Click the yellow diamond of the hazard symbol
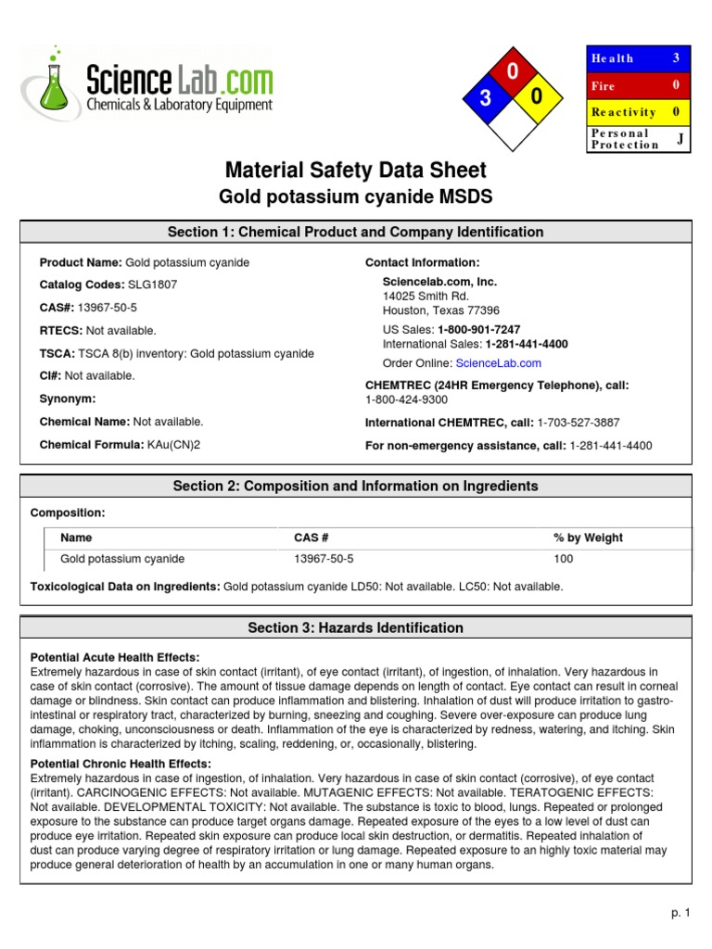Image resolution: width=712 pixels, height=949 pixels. coord(537,98)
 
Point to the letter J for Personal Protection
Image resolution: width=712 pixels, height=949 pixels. coord(680,138)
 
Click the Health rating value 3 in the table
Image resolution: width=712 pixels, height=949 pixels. coord(677,58)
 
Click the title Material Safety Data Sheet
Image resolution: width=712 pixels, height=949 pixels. coord(356,171)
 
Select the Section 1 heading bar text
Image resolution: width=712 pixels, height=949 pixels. coord(356,232)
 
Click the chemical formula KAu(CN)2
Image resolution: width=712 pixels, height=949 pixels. coord(173,445)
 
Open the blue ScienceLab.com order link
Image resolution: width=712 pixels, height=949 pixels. coord(498,363)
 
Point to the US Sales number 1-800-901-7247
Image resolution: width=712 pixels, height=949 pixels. coord(478,330)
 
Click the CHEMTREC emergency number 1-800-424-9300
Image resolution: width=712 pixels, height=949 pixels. coord(407,399)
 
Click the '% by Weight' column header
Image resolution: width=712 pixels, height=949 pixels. coord(588,538)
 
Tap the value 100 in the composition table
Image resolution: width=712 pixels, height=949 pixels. coord(563,559)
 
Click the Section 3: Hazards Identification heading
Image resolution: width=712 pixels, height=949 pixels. coord(356,627)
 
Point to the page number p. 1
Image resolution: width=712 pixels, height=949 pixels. coord(680,913)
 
